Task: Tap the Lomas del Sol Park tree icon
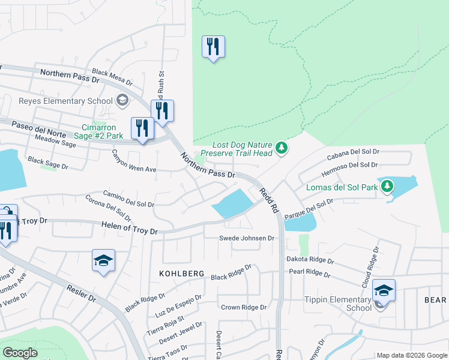387,186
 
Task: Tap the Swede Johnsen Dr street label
246,238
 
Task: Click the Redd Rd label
268,200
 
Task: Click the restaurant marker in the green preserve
213,46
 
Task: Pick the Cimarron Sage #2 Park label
102,131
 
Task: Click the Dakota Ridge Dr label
309,262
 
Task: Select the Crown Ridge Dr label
243,307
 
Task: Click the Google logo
20,353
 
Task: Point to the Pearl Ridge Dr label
310,274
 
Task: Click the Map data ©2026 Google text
411,355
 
